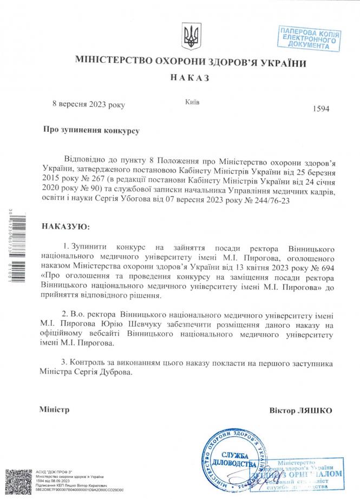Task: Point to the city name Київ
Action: [192, 101]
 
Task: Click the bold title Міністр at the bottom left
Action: [54, 410]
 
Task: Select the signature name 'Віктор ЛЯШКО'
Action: [300, 410]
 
